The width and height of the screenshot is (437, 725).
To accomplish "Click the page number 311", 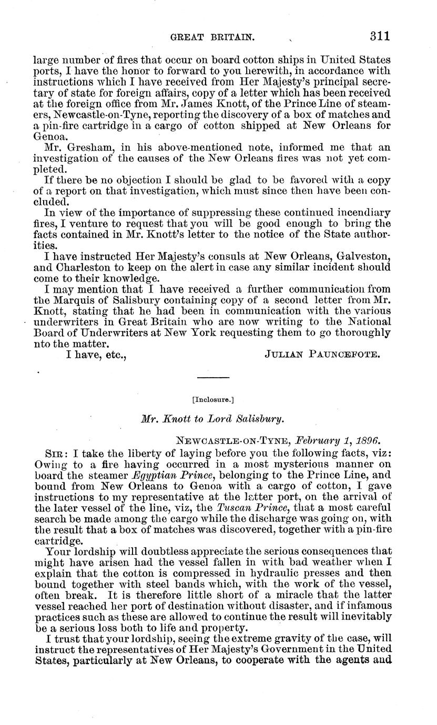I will click(379, 36).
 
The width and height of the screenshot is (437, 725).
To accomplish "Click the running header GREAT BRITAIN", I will click(206, 37).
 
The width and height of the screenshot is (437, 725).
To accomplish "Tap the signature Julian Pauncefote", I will click(322, 355).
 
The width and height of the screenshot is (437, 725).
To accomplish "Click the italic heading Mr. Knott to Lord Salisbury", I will click(213, 419).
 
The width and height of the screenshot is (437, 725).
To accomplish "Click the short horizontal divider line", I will click(213, 377).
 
